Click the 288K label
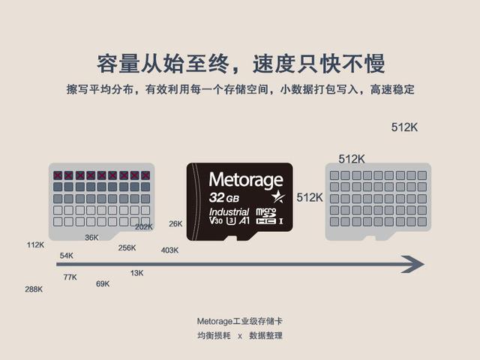pos(34,289)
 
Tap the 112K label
pos(35,245)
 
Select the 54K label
pos(67,256)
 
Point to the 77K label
pos(70,277)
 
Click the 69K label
pos(103,283)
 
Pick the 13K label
pos(136,273)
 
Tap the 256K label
pos(127,248)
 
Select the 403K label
pos(169,250)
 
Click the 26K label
pos(175,223)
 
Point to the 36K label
pos(91,238)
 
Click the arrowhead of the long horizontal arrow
pos(414,264)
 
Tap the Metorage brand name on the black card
pos(246,180)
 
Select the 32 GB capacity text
pos(224,198)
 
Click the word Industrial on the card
pos(229,211)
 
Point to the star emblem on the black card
pos(278,196)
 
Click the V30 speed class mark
pos(216,220)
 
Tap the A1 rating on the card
pos(244,220)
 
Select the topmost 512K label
pos(404,127)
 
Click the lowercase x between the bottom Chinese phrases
pos(240,337)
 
